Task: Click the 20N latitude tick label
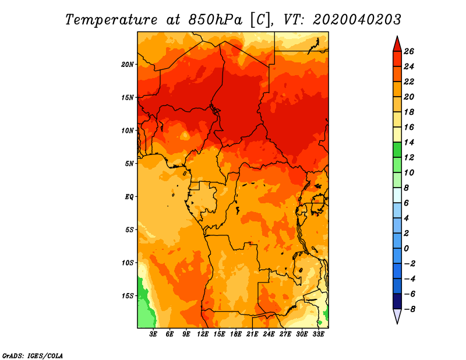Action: tap(128, 65)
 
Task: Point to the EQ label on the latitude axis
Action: tap(129, 197)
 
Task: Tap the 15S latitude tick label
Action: tap(128, 296)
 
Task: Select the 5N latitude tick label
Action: tap(129, 164)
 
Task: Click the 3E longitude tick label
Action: tap(153, 334)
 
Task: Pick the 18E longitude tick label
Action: tap(236, 334)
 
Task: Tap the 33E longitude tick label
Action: tap(318, 334)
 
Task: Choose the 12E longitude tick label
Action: tap(203, 334)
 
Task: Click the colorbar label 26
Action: tap(409, 51)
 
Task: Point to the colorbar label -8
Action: tap(409, 309)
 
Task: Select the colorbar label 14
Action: tap(409, 142)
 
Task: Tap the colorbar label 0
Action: tap(406, 248)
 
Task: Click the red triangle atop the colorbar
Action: tap(397, 45)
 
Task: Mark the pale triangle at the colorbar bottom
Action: tap(397, 316)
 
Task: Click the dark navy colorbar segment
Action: tap(397, 301)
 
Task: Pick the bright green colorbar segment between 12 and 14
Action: tap(397, 150)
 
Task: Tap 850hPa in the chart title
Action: tap(216, 20)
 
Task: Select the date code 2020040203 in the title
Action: tap(357, 20)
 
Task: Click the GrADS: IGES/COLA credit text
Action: tap(33, 356)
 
